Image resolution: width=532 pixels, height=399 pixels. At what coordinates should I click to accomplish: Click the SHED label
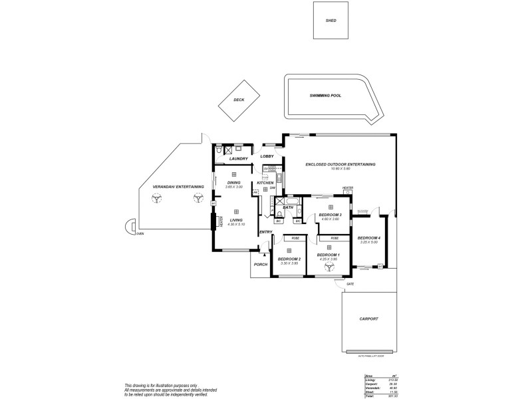coord(331,21)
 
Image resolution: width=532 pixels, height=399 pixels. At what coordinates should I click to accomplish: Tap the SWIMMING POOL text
coord(325,96)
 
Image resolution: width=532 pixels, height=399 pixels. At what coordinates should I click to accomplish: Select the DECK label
coord(239,100)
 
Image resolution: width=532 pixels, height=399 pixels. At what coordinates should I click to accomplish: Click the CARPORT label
coord(368,319)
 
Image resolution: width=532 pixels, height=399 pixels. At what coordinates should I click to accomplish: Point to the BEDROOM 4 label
coord(369,238)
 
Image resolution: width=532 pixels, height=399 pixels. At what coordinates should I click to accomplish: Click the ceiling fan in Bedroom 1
coord(329,267)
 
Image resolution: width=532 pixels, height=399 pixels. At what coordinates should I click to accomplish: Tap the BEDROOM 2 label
coord(289,259)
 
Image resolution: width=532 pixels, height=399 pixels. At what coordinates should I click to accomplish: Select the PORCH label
coord(260,265)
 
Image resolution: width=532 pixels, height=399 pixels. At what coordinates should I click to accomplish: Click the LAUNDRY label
coord(238,159)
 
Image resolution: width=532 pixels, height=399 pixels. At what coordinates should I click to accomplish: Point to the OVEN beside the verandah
coord(140,234)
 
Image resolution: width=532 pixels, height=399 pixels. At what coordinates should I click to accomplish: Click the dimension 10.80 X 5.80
coord(340,169)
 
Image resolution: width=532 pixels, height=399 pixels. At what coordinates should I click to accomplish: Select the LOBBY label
coord(267,156)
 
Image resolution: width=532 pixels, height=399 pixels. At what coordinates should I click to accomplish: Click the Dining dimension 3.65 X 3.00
coord(233,187)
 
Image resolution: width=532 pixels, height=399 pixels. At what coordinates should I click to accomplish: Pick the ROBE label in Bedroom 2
coord(295,238)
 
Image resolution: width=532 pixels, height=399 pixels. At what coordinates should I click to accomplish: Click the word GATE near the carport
coord(350,284)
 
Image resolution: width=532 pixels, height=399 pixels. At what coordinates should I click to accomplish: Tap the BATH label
coord(288,208)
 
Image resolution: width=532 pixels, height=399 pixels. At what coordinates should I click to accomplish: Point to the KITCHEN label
coord(265,183)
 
